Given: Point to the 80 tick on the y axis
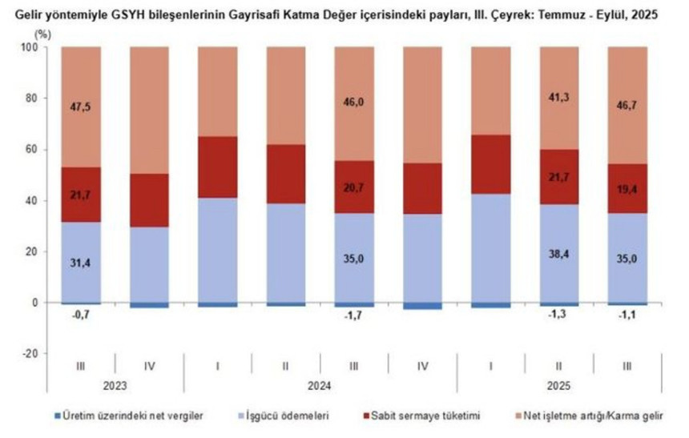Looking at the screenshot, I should pos(30,98).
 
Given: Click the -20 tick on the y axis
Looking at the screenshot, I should pos(28,354).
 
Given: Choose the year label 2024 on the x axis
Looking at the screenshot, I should pos(320,384).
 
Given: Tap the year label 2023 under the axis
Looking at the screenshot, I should pos(115,384).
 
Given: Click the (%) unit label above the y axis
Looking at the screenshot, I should pos(42,35).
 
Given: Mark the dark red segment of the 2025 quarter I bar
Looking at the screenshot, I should pos(490,164).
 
